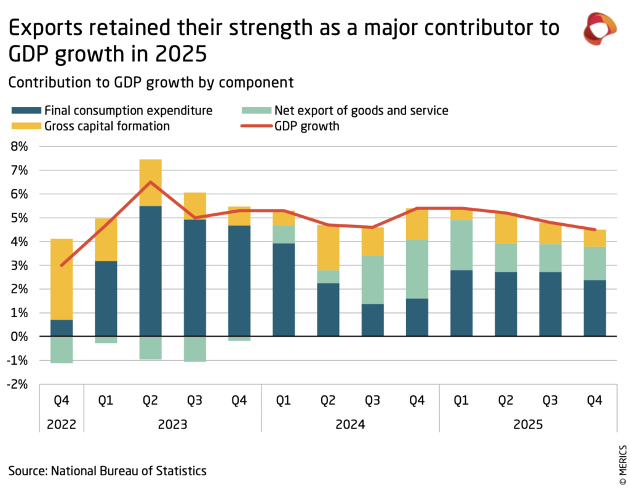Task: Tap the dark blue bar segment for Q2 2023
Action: [150, 271]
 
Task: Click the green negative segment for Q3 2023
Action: [194, 349]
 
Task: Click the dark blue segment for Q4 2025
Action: [594, 307]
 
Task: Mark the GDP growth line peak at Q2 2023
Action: [150, 182]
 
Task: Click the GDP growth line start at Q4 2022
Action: [62, 265]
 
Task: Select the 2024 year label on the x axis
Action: [350, 424]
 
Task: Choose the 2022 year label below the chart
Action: [62, 424]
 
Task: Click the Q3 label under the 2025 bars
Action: [550, 401]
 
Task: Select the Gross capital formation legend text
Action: [107, 127]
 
